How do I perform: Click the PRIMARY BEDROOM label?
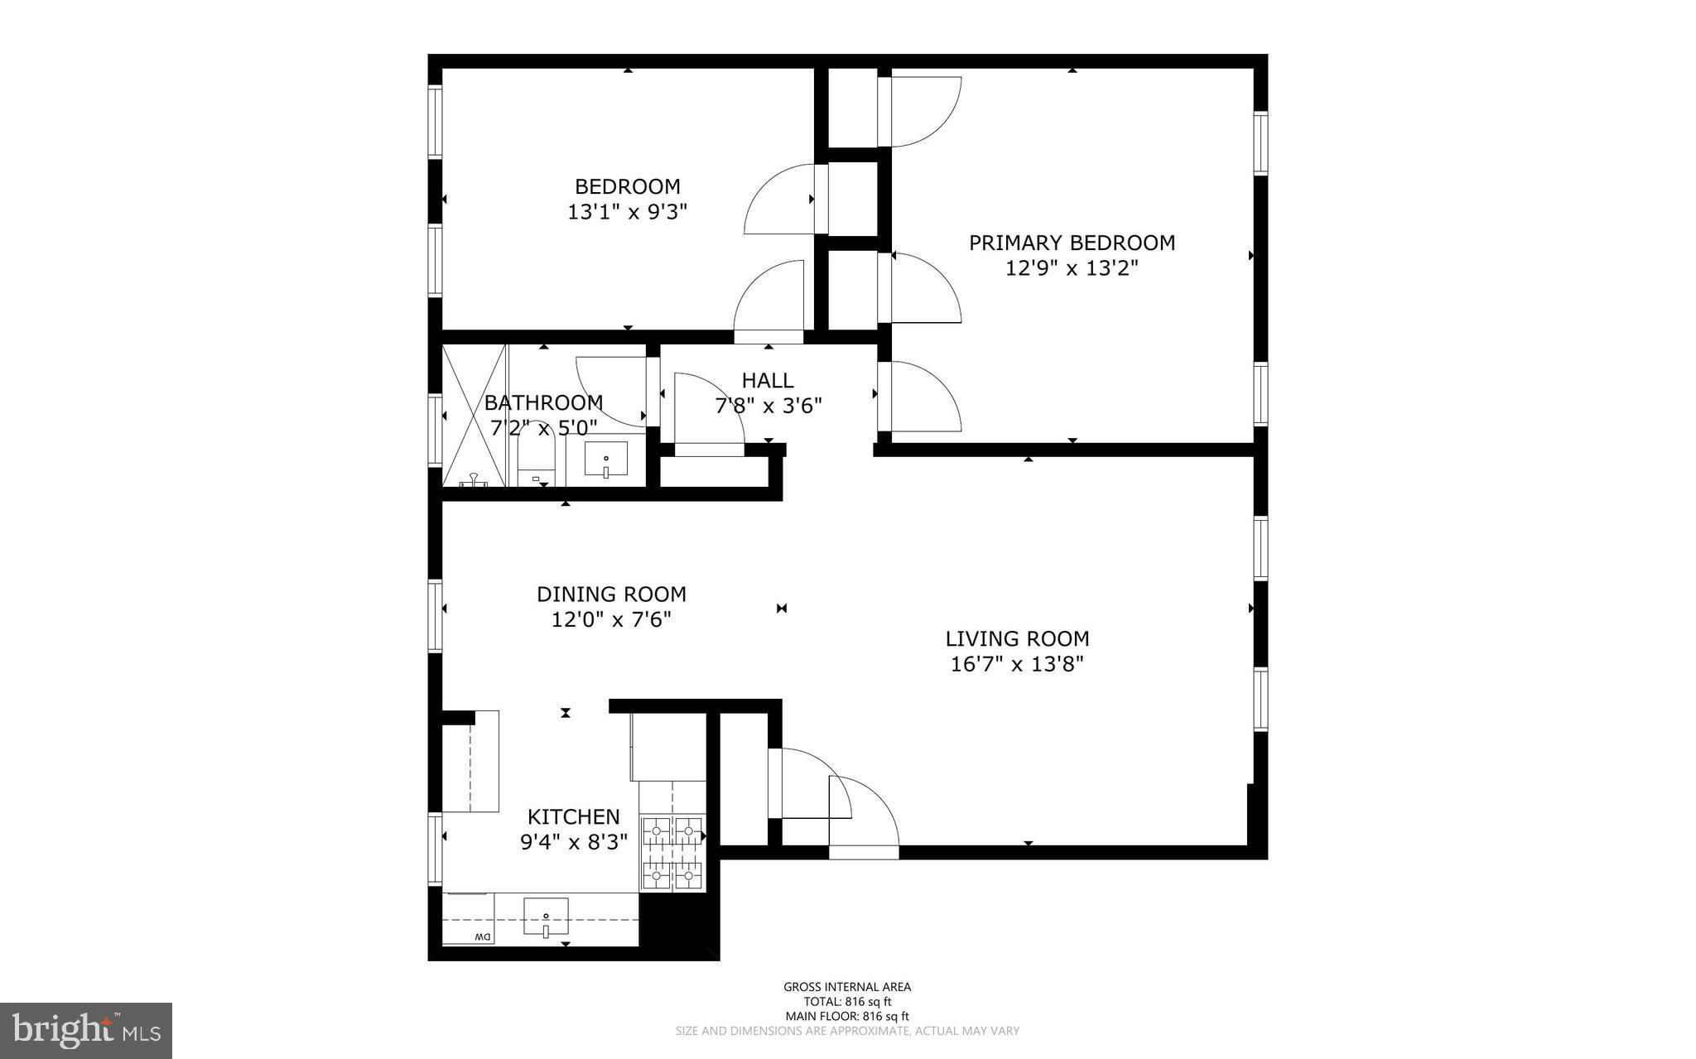[1072, 243]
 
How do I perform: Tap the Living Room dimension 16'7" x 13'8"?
[1017, 664]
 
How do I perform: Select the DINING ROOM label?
[611, 594]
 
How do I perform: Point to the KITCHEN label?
[574, 817]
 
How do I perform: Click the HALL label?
[768, 380]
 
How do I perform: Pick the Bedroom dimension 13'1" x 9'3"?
[628, 212]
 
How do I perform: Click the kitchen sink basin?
[546, 917]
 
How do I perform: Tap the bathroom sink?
[606, 459]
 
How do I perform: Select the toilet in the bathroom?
[540, 460]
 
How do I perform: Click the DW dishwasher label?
[483, 936]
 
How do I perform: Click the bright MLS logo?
[86, 1031]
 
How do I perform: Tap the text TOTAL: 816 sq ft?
[847, 1001]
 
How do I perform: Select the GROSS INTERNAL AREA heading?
[847, 986]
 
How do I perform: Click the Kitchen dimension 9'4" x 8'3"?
[574, 842]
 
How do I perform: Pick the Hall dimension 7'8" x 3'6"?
[768, 406]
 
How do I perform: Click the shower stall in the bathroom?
[474, 416]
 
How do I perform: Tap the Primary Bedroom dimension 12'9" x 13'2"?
[1072, 268]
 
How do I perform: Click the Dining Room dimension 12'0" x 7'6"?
[611, 619]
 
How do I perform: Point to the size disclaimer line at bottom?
[847, 1031]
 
